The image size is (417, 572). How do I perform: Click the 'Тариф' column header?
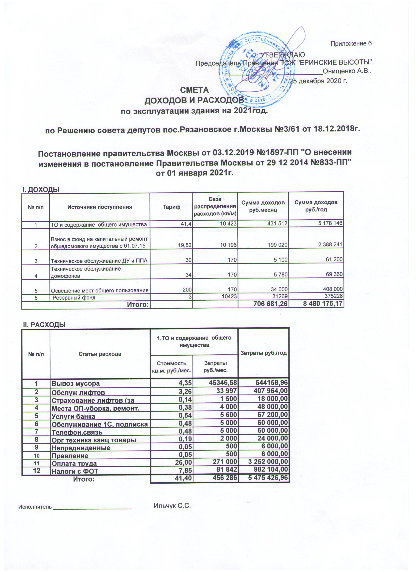[x=171, y=207]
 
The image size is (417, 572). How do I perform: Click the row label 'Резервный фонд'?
[x=74, y=298]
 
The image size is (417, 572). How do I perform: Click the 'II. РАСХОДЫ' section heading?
[x=44, y=325]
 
